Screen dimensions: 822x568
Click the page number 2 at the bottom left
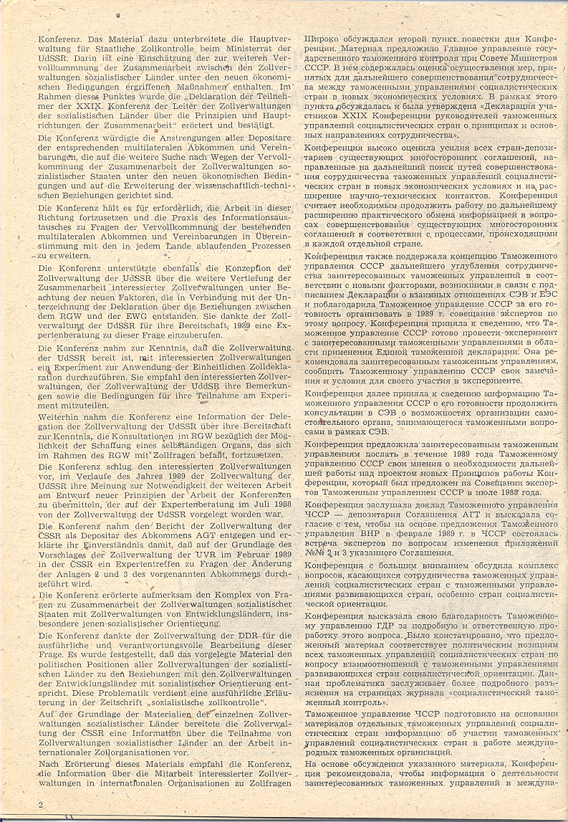[x=42, y=805]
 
